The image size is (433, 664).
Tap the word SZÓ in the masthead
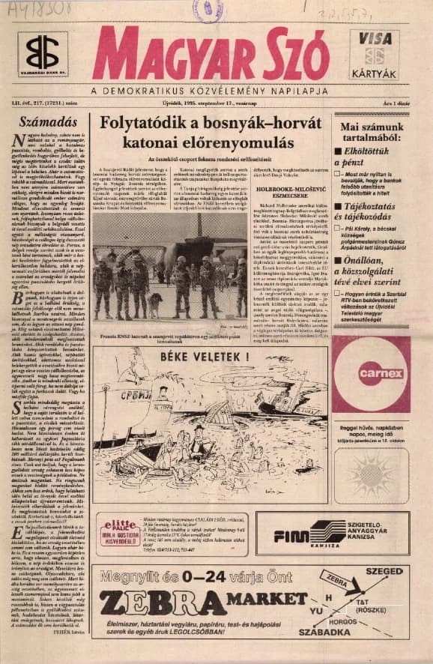click(x=291, y=54)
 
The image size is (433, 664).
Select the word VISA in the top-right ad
click(x=374, y=37)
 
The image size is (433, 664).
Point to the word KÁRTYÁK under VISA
click(x=374, y=73)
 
